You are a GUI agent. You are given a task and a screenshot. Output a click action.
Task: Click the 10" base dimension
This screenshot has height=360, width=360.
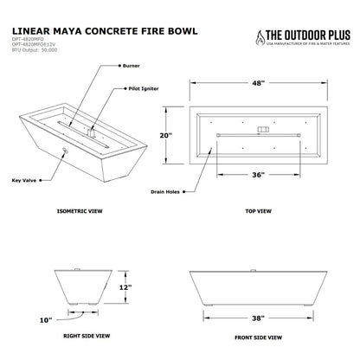(44, 320)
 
